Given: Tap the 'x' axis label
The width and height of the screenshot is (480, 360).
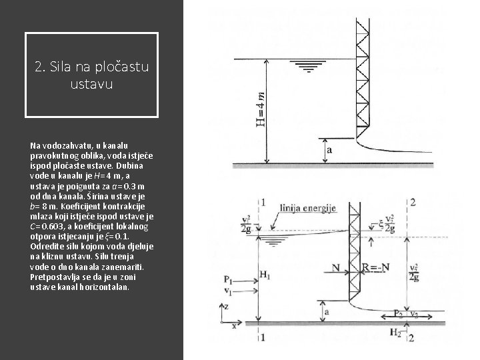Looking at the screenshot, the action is pos(233,327).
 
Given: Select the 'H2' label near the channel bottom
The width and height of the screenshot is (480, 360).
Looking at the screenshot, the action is pos(395,332).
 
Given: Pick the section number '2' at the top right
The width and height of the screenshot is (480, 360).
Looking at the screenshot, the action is pos(414,202).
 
